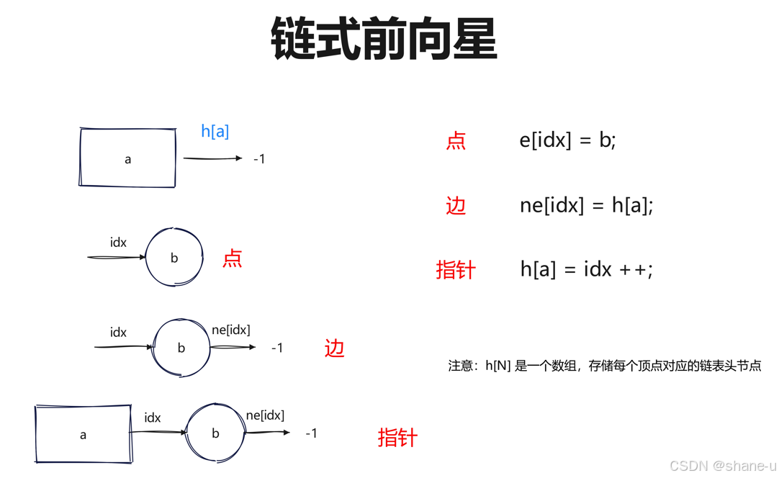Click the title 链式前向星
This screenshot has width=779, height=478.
[384, 40]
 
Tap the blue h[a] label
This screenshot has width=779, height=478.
[215, 131]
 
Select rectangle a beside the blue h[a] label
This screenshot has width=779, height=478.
[127, 158]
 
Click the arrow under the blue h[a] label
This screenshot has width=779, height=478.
[212, 158]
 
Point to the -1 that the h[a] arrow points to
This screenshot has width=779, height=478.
[259, 159]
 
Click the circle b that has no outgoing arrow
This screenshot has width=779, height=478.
[174, 258]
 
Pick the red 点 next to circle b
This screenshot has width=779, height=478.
[232, 258]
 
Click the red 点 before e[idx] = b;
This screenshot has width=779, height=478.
[456, 140]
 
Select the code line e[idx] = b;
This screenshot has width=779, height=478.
[567, 140]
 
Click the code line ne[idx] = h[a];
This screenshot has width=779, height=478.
[586, 205]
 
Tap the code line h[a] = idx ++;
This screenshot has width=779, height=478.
[586, 269]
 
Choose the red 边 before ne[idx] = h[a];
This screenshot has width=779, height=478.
[456, 206]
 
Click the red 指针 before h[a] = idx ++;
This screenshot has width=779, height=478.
[456, 270]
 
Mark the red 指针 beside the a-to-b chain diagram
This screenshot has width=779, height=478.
[397, 437]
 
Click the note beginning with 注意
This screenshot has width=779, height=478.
[604, 366]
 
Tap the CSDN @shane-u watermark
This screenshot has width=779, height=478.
[722, 466]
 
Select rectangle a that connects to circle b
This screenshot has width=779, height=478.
[83, 434]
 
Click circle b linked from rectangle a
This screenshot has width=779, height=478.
[215, 433]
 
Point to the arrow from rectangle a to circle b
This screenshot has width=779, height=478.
[158, 432]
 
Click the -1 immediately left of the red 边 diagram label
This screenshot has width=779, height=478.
[277, 348]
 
